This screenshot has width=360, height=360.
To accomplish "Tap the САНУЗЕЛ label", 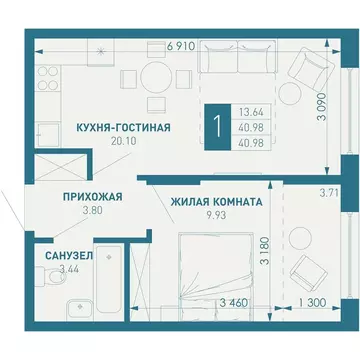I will coord(69,255).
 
